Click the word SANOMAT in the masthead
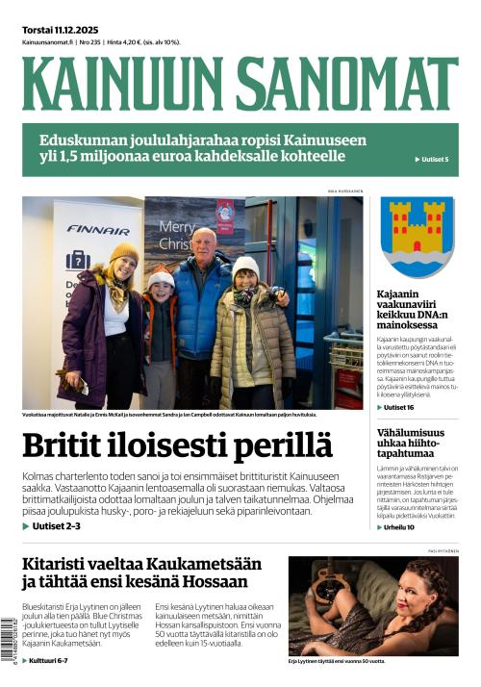(346, 83)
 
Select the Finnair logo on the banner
(98, 231)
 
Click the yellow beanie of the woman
(123, 253)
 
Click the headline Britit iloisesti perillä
(177, 445)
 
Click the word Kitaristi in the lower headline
(62, 563)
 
